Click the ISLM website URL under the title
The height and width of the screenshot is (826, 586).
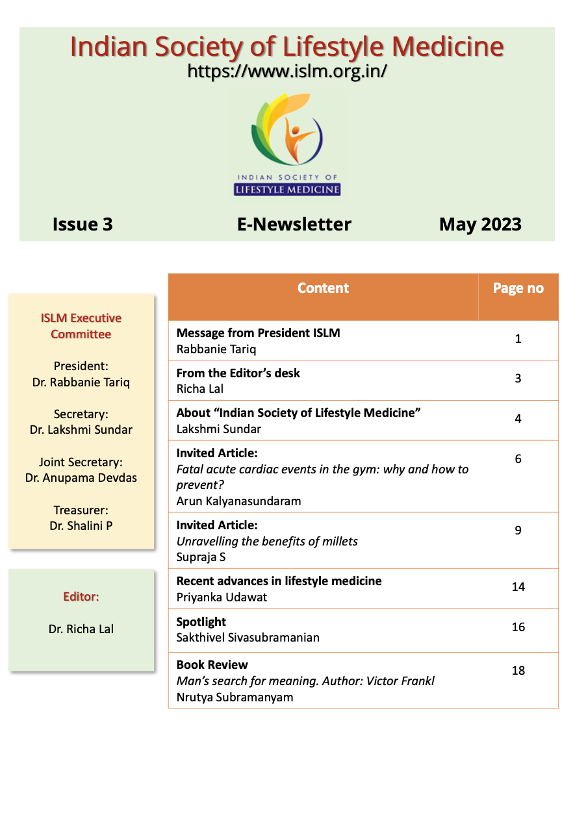coord(287,71)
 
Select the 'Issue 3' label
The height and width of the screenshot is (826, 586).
coord(83,224)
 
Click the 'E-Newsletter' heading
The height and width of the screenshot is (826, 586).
coord(294,224)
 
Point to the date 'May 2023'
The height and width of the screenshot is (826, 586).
coord(480,224)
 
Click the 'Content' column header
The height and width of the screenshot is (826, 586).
coord(323,288)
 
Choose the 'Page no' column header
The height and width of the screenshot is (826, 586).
coord(518,288)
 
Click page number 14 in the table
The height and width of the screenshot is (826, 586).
coord(518,586)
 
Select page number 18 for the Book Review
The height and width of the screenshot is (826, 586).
coord(518,670)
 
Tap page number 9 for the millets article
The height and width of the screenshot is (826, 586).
coord(518,530)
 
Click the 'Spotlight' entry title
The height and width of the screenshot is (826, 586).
coord(201,621)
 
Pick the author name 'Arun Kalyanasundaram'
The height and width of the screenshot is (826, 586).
coord(238,501)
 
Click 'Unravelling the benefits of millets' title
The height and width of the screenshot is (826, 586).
coord(267,541)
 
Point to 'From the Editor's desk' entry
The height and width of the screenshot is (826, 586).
coord(238,373)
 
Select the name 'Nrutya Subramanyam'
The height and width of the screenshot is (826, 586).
coord(235,697)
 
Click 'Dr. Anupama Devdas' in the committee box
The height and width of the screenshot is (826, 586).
coord(81,478)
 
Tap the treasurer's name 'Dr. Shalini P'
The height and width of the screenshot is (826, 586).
coord(81,526)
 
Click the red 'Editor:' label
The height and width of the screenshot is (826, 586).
coord(81,596)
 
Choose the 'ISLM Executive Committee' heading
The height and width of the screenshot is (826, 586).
coord(81,326)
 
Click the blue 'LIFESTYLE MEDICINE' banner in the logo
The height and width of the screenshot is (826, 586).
coord(287,190)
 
